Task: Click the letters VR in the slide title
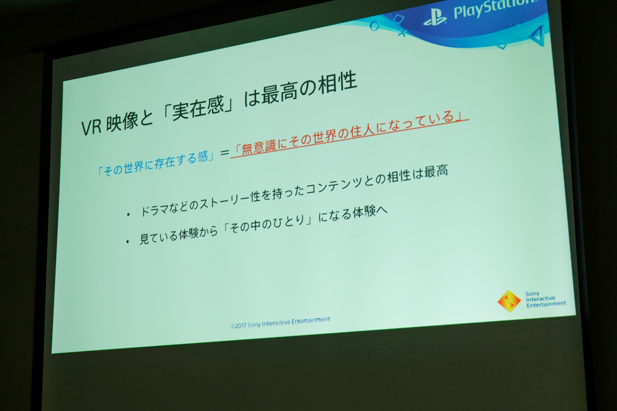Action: coord(92,126)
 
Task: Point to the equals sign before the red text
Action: coord(224,152)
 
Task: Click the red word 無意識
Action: coord(258,146)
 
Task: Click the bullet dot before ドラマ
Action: coord(128,215)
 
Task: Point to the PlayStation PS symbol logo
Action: coord(435,17)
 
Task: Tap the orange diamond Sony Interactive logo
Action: coord(509,301)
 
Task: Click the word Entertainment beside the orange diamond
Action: coord(546,304)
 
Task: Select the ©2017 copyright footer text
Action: coord(280,323)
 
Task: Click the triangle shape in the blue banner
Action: coord(537,36)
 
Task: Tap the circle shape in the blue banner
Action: coord(374,26)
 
